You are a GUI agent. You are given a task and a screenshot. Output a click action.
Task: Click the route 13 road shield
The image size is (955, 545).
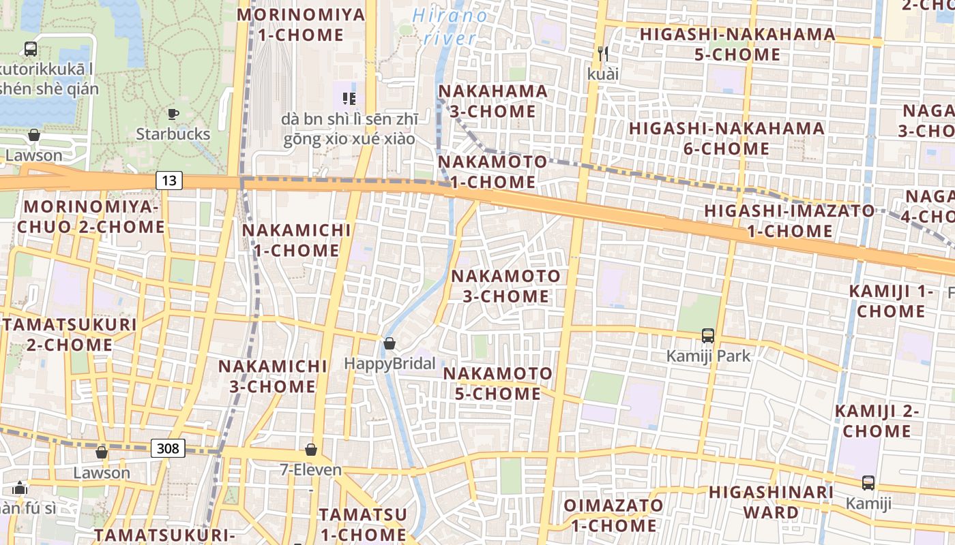point(169,181)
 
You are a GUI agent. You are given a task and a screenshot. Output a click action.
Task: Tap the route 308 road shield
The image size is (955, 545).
point(168,448)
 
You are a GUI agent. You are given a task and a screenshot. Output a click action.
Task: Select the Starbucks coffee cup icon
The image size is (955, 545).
point(173,114)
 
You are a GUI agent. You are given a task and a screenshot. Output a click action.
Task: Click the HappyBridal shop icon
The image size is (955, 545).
point(390,343)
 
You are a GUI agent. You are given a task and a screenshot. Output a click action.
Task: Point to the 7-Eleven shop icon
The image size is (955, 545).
point(311,450)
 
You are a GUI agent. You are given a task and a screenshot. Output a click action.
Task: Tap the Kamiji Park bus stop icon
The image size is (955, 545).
point(708,335)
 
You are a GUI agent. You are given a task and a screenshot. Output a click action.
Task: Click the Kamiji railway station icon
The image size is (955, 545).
point(868,483)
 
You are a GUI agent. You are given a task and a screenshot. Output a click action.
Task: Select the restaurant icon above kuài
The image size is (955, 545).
point(602,52)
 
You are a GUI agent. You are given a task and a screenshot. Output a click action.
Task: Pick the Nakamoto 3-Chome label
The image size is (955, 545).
point(505,286)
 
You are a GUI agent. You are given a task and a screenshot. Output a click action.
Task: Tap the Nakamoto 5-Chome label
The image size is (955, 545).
point(498,384)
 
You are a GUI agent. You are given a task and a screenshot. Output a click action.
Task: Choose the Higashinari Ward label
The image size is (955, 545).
point(771,502)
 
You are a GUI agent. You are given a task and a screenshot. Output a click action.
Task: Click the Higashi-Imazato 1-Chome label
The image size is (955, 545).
point(789,221)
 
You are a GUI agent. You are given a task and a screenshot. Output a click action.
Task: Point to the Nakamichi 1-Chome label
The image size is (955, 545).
point(297,240)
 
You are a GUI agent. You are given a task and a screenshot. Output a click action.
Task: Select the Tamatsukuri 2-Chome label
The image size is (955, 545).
point(70,334)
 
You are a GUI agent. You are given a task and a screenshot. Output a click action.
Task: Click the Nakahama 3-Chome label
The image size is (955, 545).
point(493,101)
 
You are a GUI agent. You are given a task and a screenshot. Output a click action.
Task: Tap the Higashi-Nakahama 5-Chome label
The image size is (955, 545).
point(737,44)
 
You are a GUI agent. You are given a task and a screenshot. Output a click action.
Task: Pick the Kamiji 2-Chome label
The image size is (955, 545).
point(877,421)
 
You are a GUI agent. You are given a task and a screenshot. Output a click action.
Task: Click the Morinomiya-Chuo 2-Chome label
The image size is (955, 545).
point(91,217)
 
